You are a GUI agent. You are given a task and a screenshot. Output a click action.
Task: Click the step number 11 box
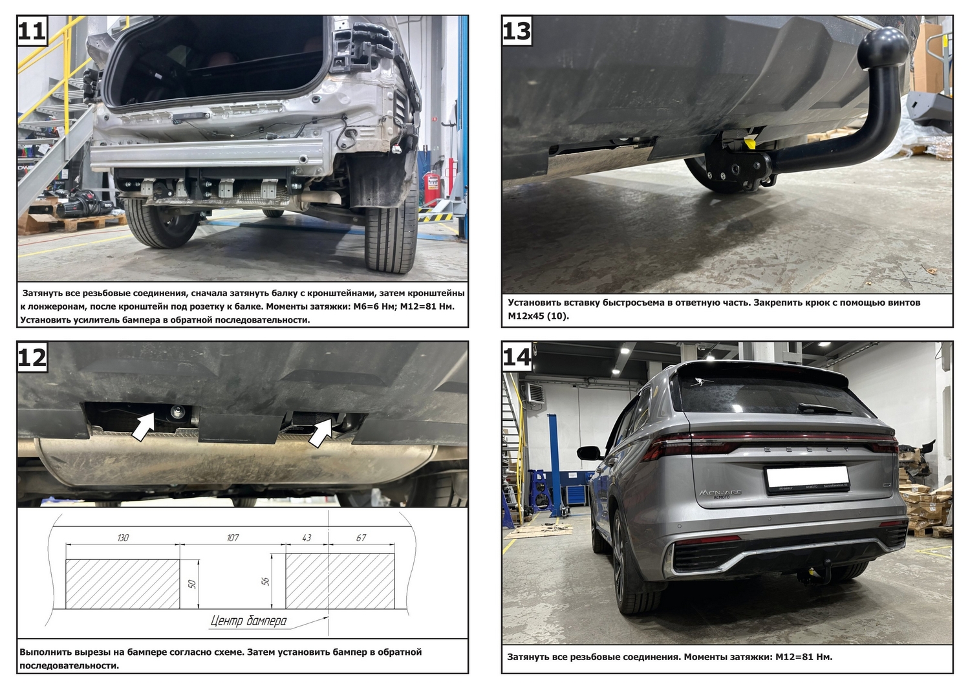(32, 30)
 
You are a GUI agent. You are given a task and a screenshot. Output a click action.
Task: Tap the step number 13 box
(517, 30)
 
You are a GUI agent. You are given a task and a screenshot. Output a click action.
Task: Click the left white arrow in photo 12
(144, 426)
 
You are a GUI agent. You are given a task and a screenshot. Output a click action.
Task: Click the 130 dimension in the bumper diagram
(123, 537)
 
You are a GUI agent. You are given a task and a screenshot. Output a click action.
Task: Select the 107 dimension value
(233, 537)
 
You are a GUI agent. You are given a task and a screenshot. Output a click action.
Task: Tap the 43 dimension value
(307, 537)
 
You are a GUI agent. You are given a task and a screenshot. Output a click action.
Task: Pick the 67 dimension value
(361, 537)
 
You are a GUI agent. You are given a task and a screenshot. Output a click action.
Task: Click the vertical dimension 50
(192, 584)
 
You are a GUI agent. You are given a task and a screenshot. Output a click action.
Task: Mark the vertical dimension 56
(266, 581)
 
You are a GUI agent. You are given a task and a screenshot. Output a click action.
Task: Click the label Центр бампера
(248, 621)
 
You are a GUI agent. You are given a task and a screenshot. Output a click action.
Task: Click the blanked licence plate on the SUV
(807, 479)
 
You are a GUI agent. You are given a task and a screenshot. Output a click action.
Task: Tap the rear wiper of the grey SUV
(818, 409)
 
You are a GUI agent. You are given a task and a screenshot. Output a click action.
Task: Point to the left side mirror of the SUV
(589, 453)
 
